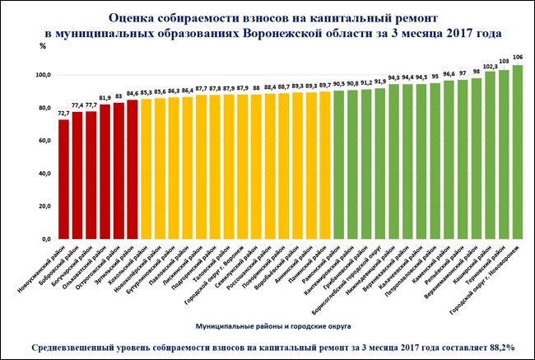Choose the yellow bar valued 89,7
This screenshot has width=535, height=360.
(324, 165)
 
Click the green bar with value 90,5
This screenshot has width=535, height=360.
(338, 164)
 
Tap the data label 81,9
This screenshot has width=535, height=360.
(105, 98)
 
